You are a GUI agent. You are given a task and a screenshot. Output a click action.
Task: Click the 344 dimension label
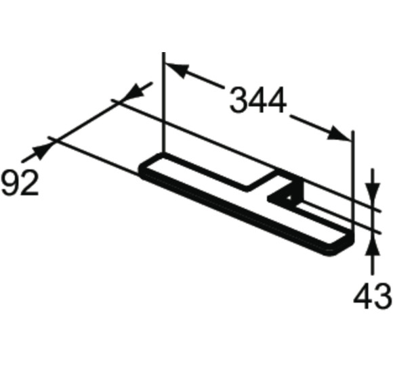coord(258,101)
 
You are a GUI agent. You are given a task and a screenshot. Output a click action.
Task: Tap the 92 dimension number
coord(20,183)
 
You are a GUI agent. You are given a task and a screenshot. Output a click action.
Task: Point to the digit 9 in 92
coord(10,183)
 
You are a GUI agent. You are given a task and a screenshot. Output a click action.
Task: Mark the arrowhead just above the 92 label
coord(42,151)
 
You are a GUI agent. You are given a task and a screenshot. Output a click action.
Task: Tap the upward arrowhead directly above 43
coord(371,245)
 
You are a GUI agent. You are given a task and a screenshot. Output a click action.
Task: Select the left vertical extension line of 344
coord(163,101)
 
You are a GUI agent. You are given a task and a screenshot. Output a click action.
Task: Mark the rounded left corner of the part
coord(144,167)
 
